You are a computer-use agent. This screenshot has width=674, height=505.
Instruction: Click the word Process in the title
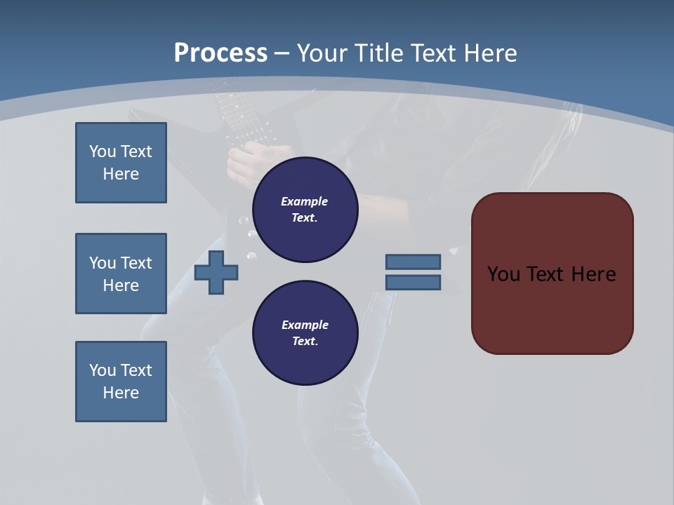[220, 53]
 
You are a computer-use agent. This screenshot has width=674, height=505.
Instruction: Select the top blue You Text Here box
[121, 163]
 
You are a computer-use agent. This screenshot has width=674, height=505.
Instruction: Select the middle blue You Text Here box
[121, 274]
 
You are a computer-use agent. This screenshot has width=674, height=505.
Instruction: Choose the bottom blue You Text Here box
[121, 382]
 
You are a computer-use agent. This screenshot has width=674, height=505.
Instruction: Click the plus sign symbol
[216, 272]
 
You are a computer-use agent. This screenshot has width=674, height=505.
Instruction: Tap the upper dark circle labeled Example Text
[305, 210]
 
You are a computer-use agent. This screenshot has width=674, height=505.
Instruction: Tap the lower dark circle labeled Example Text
[305, 333]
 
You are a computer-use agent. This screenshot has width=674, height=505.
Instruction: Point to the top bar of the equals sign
[414, 262]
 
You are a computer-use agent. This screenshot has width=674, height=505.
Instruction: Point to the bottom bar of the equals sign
[414, 283]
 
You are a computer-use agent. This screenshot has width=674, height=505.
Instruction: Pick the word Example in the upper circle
[305, 201]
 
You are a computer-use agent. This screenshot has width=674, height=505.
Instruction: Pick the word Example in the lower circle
[305, 325]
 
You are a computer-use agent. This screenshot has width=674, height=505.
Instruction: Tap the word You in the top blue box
[102, 151]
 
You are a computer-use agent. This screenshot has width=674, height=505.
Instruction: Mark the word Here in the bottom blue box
[121, 393]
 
